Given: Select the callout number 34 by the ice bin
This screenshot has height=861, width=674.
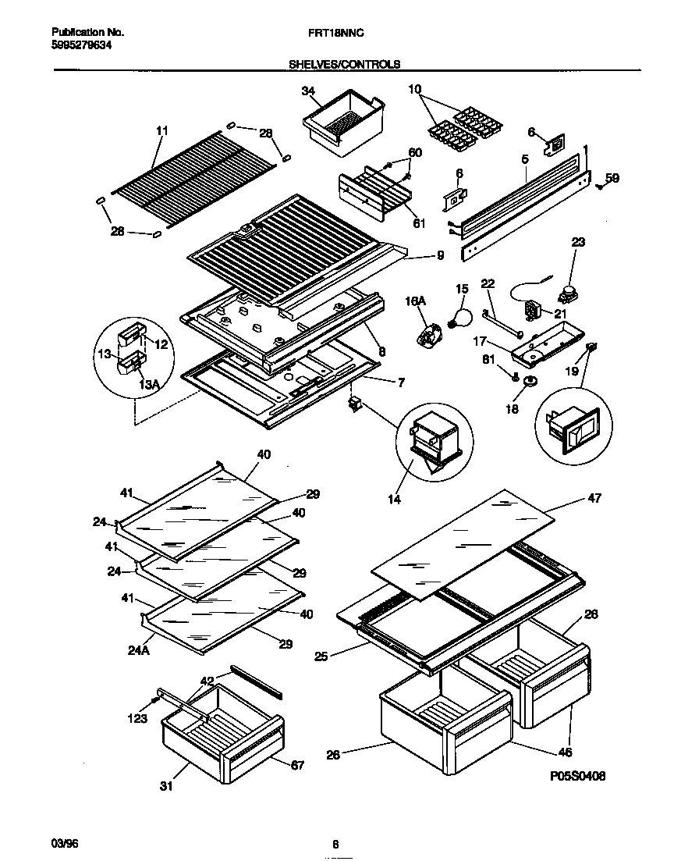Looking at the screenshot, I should pyautogui.click(x=308, y=92).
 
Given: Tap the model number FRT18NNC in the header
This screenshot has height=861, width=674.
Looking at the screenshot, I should pyautogui.click(x=338, y=34).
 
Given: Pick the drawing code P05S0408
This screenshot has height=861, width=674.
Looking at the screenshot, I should pyautogui.click(x=576, y=776).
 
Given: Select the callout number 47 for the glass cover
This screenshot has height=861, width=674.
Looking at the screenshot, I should pyautogui.click(x=594, y=497).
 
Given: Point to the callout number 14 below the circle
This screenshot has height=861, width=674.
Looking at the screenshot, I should pyautogui.click(x=395, y=499).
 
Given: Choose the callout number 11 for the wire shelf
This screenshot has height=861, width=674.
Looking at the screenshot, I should pyautogui.click(x=161, y=131).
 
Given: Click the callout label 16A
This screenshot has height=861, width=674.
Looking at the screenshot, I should pyautogui.click(x=413, y=300).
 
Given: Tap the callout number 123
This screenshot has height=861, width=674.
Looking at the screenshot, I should pyautogui.click(x=137, y=718).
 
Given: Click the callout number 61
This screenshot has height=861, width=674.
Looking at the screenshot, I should pyautogui.click(x=419, y=223).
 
